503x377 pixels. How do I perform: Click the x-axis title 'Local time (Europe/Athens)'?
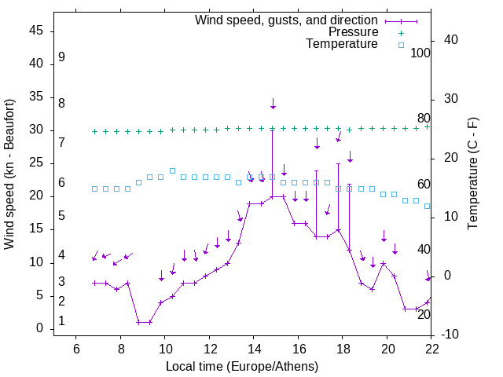(x=242, y=367)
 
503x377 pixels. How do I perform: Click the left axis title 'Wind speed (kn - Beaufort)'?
(x=9, y=175)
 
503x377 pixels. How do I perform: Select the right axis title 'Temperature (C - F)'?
(x=472, y=174)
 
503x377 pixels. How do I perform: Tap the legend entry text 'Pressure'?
(x=353, y=32)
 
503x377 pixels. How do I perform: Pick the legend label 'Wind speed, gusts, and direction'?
(x=287, y=20)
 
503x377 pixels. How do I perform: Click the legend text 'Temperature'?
(x=342, y=44)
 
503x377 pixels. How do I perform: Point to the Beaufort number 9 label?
(x=61, y=57)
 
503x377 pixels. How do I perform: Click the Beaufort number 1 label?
(x=61, y=321)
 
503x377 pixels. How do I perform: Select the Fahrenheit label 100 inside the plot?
(x=420, y=53)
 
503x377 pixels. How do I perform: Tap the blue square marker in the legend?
(x=400, y=45)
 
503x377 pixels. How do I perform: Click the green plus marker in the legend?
(x=400, y=32)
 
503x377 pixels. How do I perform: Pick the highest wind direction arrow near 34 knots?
(x=273, y=104)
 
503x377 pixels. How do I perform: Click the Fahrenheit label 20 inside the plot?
(x=424, y=315)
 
